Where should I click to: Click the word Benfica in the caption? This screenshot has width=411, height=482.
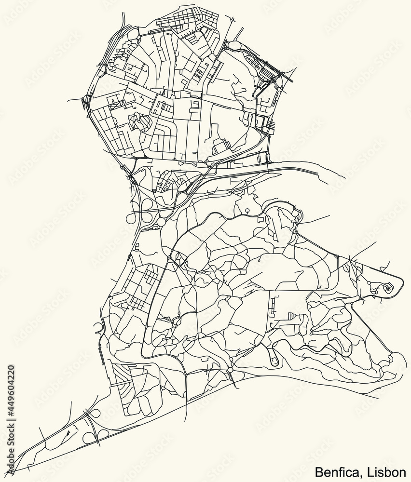(x=332, y=470)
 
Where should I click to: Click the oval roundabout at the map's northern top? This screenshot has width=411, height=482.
(x=235, y=45)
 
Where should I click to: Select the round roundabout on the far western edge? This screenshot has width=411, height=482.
(x=87, y=100)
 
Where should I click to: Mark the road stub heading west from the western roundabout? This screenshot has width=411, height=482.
(x=75, y=100)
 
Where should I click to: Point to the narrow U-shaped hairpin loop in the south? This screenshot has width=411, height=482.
(x=274, y=357)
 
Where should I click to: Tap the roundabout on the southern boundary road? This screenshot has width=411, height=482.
(x=230, y=370)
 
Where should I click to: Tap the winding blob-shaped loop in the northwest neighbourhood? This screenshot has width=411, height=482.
(x=138, y=122)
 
